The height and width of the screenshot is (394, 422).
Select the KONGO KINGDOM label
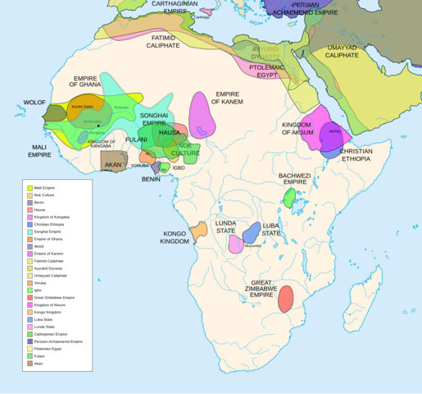coord(175,236)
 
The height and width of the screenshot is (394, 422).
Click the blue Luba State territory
coord(252,232)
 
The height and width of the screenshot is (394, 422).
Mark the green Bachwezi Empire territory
coord(289,197)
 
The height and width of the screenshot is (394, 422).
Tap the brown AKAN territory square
coord(113,162)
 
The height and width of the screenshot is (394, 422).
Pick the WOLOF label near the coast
coord(34,103)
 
